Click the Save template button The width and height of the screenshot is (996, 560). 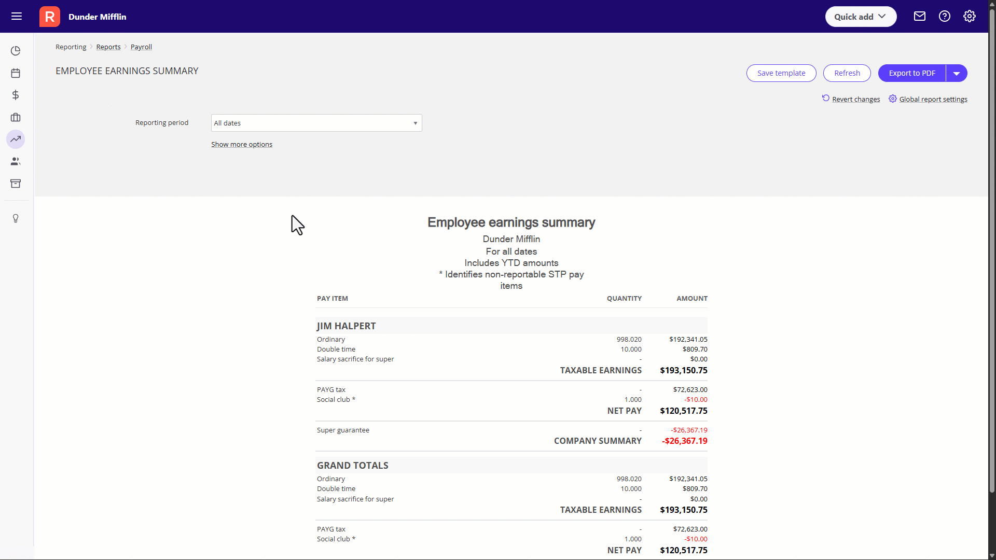tap(781, 73)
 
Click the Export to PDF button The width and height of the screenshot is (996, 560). tap(911, 73)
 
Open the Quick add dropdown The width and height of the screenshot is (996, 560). tap(860, 17)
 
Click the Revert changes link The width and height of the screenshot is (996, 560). tap(855, 99)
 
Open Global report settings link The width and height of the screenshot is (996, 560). tap(933, 99)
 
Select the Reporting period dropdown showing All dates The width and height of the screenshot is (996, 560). tap(316, 123)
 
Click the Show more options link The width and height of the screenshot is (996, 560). tap(242, 144)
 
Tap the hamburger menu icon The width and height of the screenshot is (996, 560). tap(17, 17)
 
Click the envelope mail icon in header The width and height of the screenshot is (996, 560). tap(919, 17)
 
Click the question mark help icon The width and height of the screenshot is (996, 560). tap(944, 17)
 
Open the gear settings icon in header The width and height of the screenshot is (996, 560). tap(969, 17)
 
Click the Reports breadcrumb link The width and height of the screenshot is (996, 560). tap(108, 47)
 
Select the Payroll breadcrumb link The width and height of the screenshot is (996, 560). tap(141, 47)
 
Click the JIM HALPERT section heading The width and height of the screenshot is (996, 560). tap(347, 326)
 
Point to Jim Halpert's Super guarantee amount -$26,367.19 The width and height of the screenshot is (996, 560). tap(688, 430)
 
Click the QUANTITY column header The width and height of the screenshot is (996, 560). tap(624, 298)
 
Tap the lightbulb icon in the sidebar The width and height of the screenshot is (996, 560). tap(16, 218)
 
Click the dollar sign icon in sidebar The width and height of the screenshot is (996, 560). tap(16, 95)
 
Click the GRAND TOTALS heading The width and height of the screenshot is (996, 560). tap(353, 465)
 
